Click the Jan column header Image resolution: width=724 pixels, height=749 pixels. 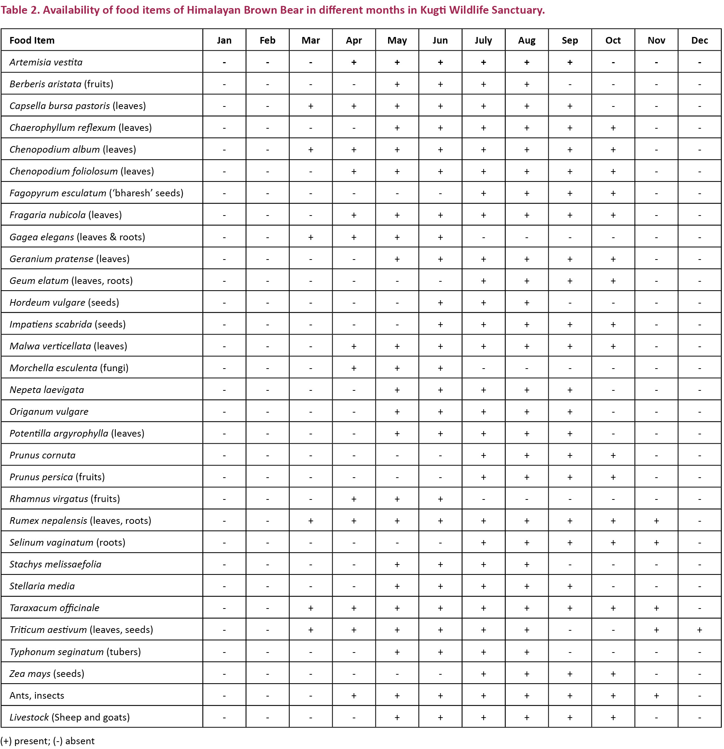pos(224,40)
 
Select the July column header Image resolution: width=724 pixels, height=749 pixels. pos(484,40)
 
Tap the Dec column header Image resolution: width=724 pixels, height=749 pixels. pos(700,40)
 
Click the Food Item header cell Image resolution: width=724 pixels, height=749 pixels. pos(32,40)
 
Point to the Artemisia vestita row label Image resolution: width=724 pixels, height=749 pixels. pos(46,62)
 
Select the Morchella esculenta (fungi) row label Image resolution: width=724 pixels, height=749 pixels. pos(69,367)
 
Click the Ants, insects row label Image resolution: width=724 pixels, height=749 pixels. pos(37,695)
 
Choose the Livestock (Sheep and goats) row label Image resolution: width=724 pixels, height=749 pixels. pos(70,717)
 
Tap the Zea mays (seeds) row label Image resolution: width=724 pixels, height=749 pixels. pos(47,673)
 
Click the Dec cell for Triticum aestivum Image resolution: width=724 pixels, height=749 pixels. pos(700,629)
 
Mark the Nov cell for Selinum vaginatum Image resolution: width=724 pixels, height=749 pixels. pos(656,542)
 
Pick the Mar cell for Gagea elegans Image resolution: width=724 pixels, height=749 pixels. pos(310,237)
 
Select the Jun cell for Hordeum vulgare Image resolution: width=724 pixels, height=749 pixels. pos(440,302)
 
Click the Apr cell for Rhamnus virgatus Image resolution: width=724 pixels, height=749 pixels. pos(354,499)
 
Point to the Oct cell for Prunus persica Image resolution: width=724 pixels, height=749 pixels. pos(613,477)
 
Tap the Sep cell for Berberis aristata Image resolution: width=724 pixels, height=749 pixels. pos(570,84)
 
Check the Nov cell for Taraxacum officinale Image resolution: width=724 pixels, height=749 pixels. pos(656,608)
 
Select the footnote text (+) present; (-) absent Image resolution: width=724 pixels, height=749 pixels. pos(47,741)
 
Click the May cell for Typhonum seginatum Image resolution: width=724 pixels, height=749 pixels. pos(397,651)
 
